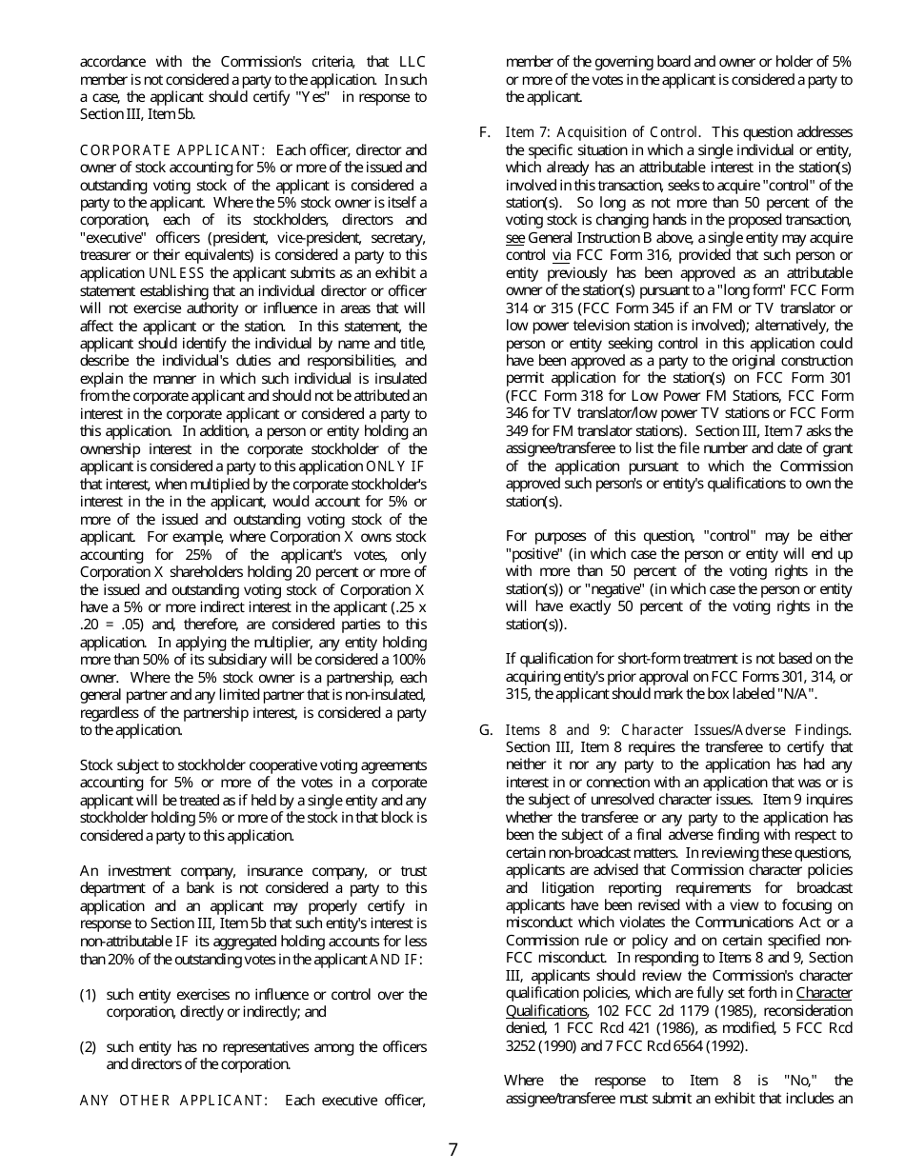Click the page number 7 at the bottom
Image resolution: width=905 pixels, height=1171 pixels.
[452, 1149]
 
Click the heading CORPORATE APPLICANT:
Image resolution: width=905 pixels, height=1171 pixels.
[171, 150]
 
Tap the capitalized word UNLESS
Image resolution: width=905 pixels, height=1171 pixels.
[176, 273]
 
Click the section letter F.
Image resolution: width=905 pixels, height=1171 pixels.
[485, 132]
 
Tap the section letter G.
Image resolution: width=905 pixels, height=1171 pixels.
[485, 730]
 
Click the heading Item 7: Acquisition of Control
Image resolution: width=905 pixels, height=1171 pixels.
[603, 132]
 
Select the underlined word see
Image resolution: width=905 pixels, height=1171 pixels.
[514, 238]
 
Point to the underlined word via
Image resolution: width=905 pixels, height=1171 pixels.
[561, 255]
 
